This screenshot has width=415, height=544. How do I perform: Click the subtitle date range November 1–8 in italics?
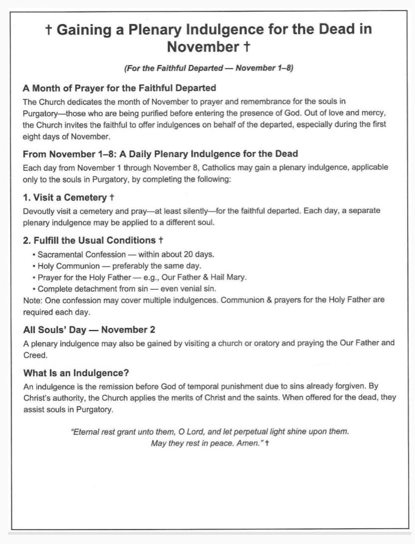coord(263,68)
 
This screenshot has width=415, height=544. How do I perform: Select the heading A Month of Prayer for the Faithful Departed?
coord(119,88)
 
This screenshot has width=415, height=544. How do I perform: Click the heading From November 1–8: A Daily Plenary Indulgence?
coord(160,154)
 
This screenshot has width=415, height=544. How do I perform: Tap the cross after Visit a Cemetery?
coord(112,198)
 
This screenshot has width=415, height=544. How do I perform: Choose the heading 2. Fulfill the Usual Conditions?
coord(89,240)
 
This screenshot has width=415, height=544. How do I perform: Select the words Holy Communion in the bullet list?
coord(68,266)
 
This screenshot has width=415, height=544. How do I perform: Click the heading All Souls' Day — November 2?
coord(89,330)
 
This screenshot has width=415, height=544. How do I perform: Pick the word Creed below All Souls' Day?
coord(35,355)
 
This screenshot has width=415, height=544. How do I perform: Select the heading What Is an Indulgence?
coord(76,373)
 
